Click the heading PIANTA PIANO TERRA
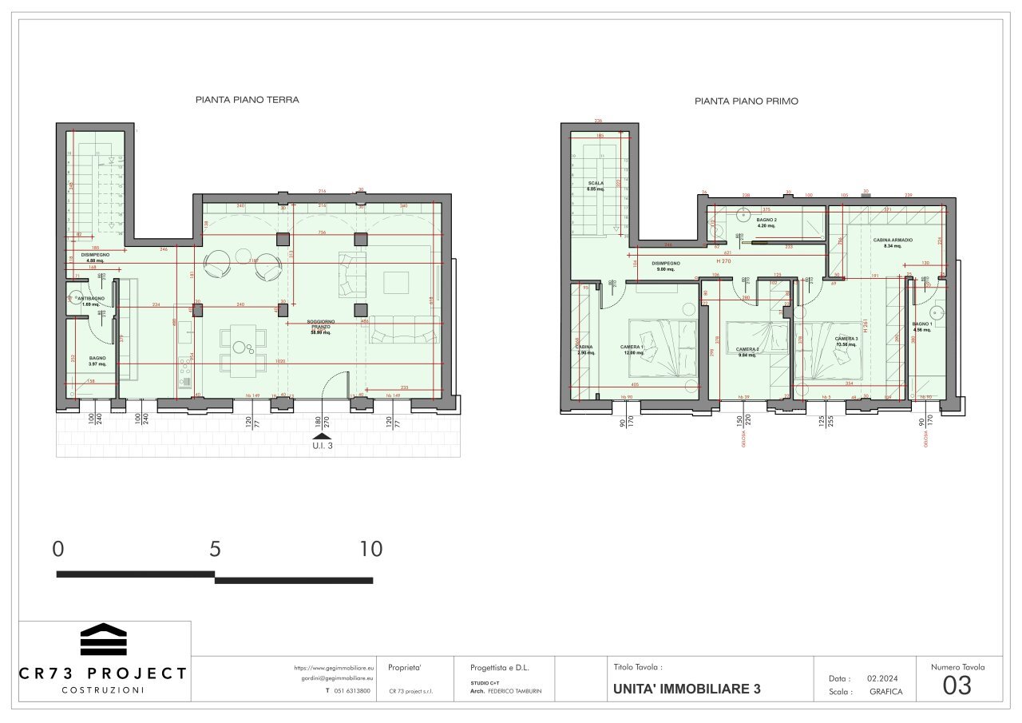pyautogui.click(x=248, y=101)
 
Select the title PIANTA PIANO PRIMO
pyautogui.click(x=747, y=101)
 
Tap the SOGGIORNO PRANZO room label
pyautogui.click(x=321, y=326)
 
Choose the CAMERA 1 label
pyautogui.click(x=632, y=346)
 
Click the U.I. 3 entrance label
pyautogui.click(x=322, y=447)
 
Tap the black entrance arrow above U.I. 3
pyautogui.click(x=321, y=435)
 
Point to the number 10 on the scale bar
pyautogui.click(x=370, y=549)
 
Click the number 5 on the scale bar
pyautogui.click(x=214, y=549)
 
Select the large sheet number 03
pyautogui.click(x=957, y=685)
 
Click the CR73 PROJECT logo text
pyautogui.click(x=103, y=673)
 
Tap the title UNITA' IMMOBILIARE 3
pyautogui.click(x=687, y=689)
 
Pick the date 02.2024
pyautogui.click(x=883, y=677)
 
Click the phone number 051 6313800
pyautogui.click(x=352, y=691)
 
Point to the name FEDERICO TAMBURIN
pyautogui.click(x=514, y=691)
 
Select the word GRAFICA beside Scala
pyautogui.click(x=885, y=692)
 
